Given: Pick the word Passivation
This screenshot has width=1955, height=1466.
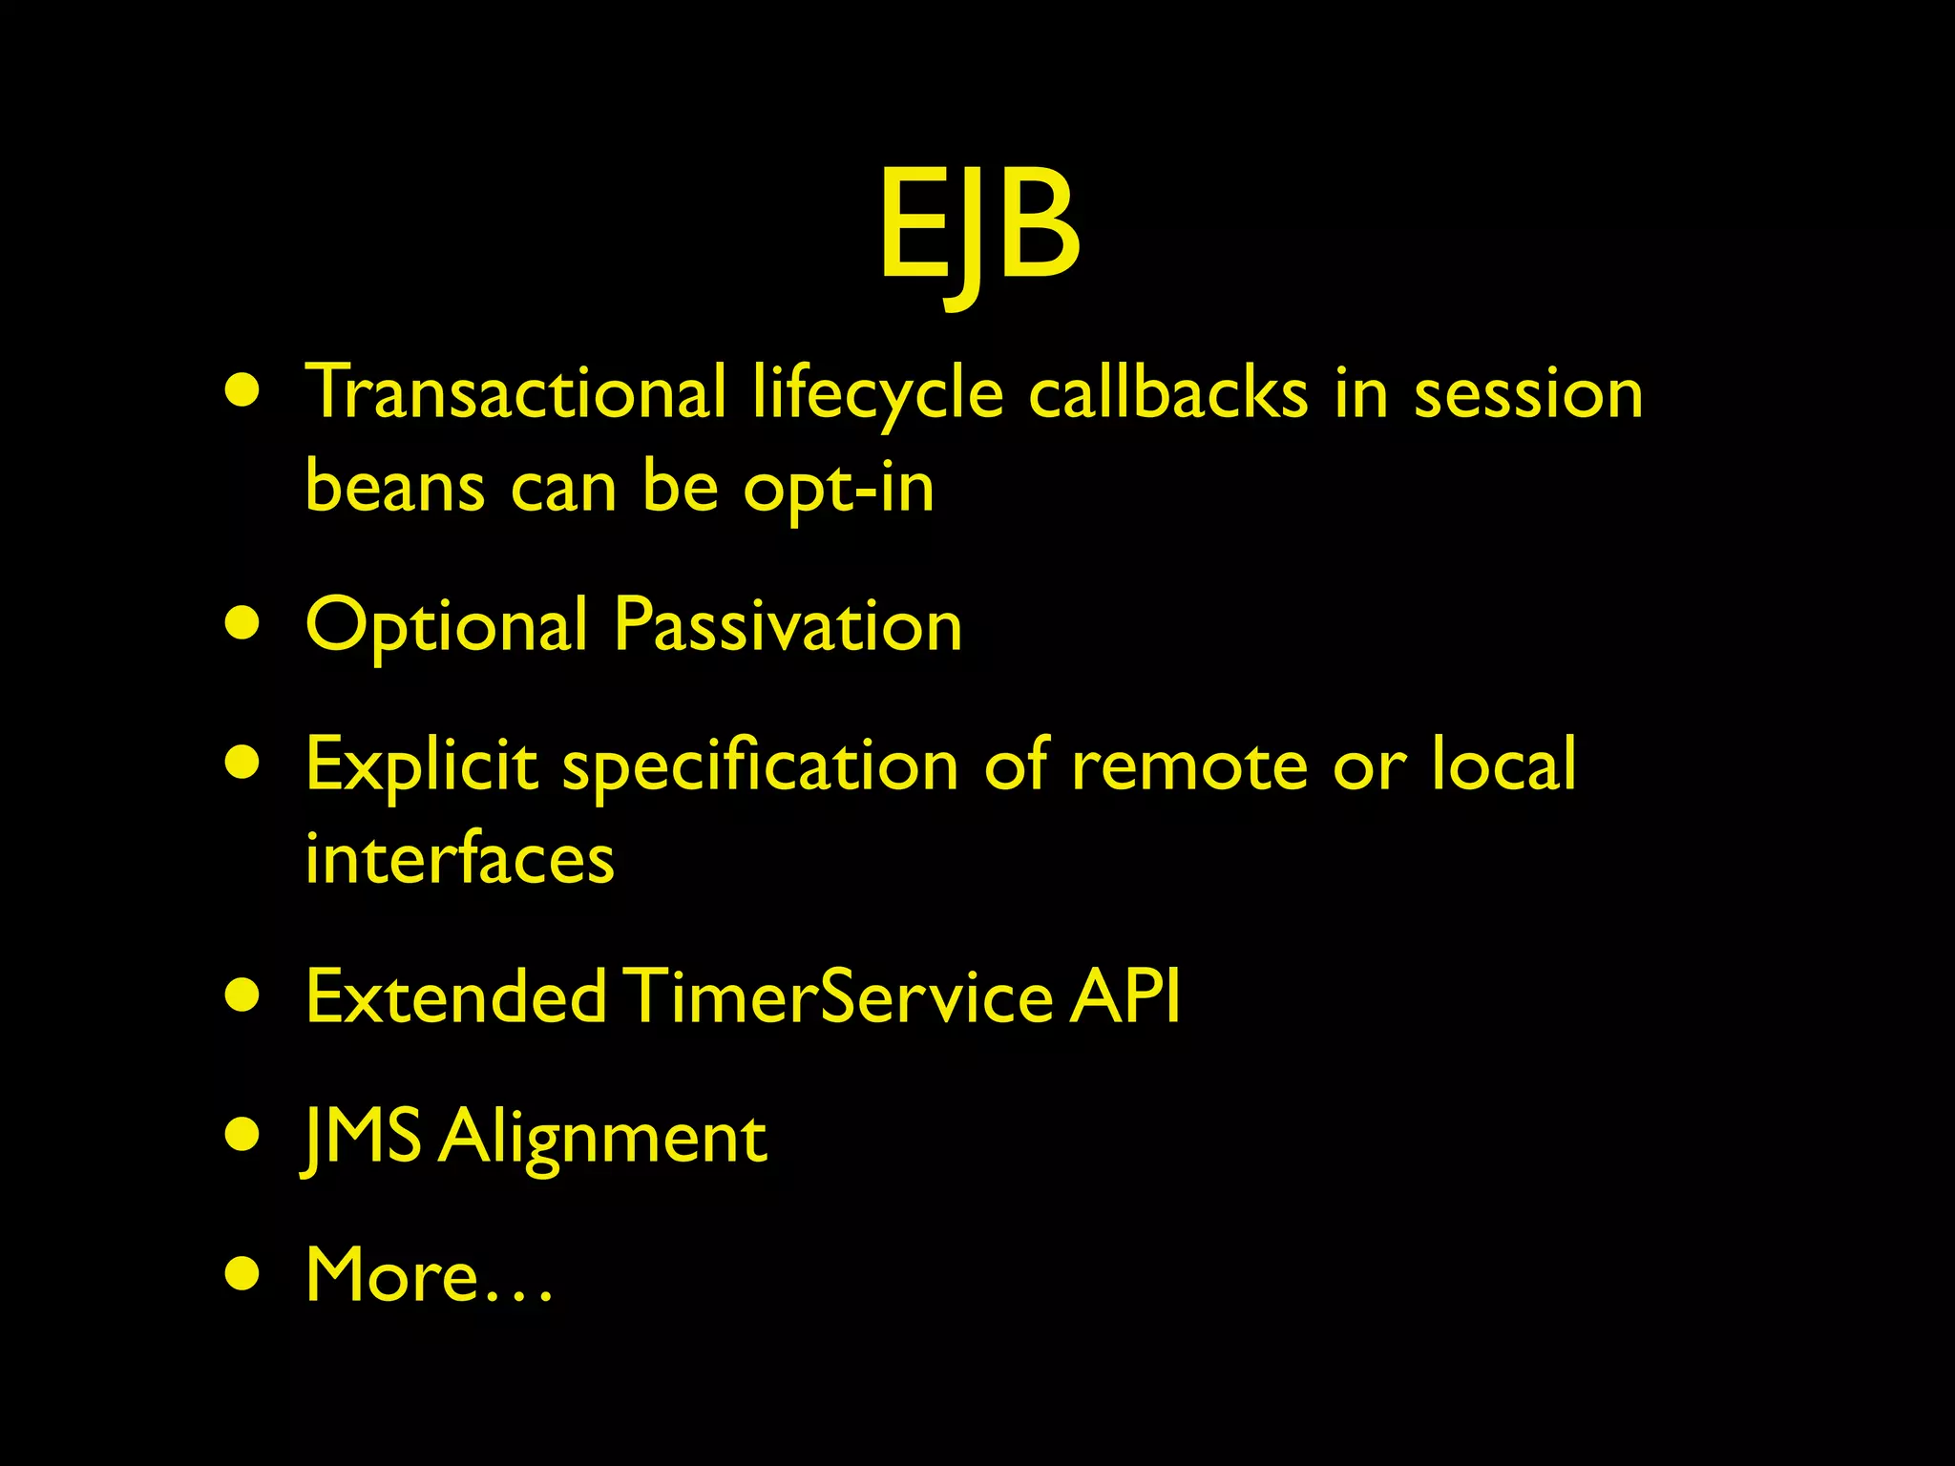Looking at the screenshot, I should pyautogui.click(x=788, y=626).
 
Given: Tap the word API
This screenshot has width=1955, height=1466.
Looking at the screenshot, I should pyautogui.click(x=1125, y=996).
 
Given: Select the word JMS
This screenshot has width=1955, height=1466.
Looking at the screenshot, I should pyautogui.click(x=362, y=1138).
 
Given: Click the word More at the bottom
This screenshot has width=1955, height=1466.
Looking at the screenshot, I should pyautogui.click(x=391, y=1275).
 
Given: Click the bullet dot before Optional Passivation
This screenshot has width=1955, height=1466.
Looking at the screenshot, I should pyautogui.click(x=243, y=625).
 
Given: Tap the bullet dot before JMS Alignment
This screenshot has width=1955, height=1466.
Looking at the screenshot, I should pyautogui.click(x=243, y=1137).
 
